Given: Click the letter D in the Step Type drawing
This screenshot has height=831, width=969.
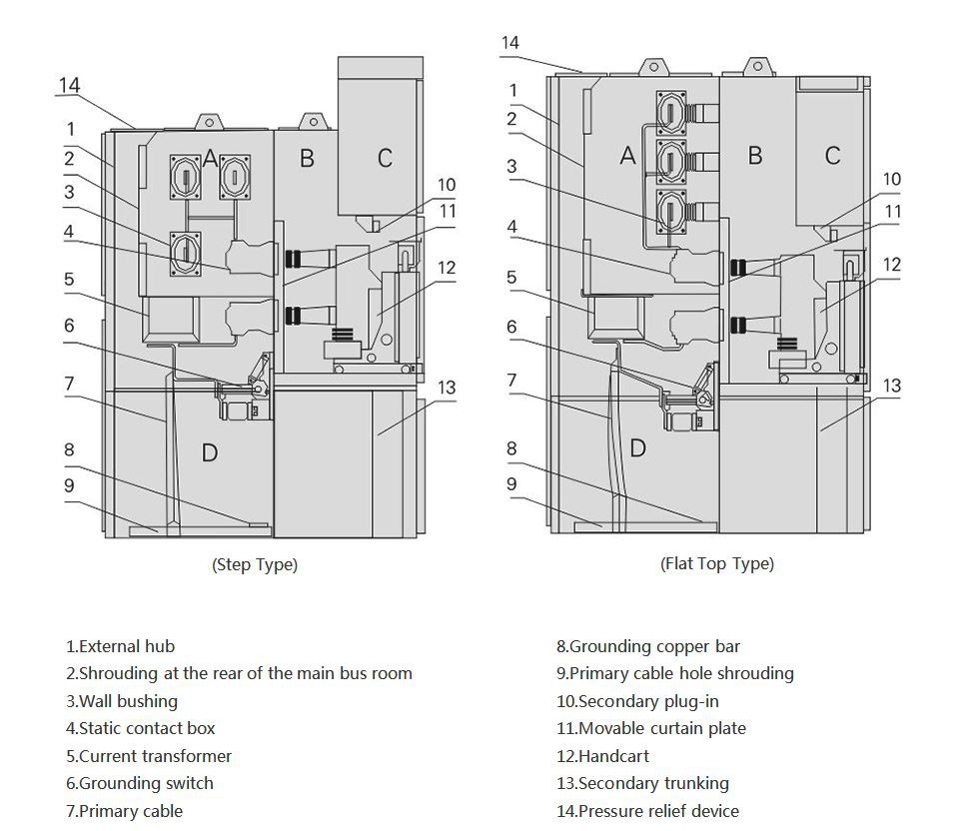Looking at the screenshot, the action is (x=210, y=452).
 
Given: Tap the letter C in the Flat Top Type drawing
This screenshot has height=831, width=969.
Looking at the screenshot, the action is (x=832, y=155).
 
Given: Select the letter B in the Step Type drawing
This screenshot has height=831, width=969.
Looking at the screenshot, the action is (x=307, y=158).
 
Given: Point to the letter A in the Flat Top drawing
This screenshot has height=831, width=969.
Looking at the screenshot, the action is (x=628, y=155).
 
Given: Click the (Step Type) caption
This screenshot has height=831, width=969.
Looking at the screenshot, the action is (x=255, y=564).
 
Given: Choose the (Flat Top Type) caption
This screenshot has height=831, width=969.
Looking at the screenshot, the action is (x=717, y=563).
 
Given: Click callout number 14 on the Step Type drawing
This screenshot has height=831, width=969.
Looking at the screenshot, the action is (x=69, y=85).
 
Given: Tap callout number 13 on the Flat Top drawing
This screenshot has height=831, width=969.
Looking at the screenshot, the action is (x=892, y=386).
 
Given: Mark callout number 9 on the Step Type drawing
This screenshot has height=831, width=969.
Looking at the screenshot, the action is (x=69, y=485).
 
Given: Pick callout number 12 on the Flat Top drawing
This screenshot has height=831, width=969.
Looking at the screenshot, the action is (x=892, y=265).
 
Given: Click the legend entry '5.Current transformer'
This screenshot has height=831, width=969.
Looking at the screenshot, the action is (x=149, y=756).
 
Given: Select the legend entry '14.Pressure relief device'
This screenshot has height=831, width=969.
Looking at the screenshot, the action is (x=647, y=811).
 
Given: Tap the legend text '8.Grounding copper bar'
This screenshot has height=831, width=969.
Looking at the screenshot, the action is (x=648, y=646).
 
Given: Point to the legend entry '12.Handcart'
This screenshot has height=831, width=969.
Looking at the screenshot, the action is (x=602, y=756).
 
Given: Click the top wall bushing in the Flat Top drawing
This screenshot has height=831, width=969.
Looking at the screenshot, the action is (x=671, y=113).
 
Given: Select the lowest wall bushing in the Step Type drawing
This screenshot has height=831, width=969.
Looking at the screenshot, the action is (x=186, y=254).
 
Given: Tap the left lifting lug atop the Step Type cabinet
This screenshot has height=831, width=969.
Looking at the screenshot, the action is (x=209, y=122).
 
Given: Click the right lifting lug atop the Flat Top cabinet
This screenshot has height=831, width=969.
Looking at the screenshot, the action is (x=757, y=66).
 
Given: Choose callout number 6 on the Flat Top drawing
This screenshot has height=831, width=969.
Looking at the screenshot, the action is (x=511, y=327).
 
